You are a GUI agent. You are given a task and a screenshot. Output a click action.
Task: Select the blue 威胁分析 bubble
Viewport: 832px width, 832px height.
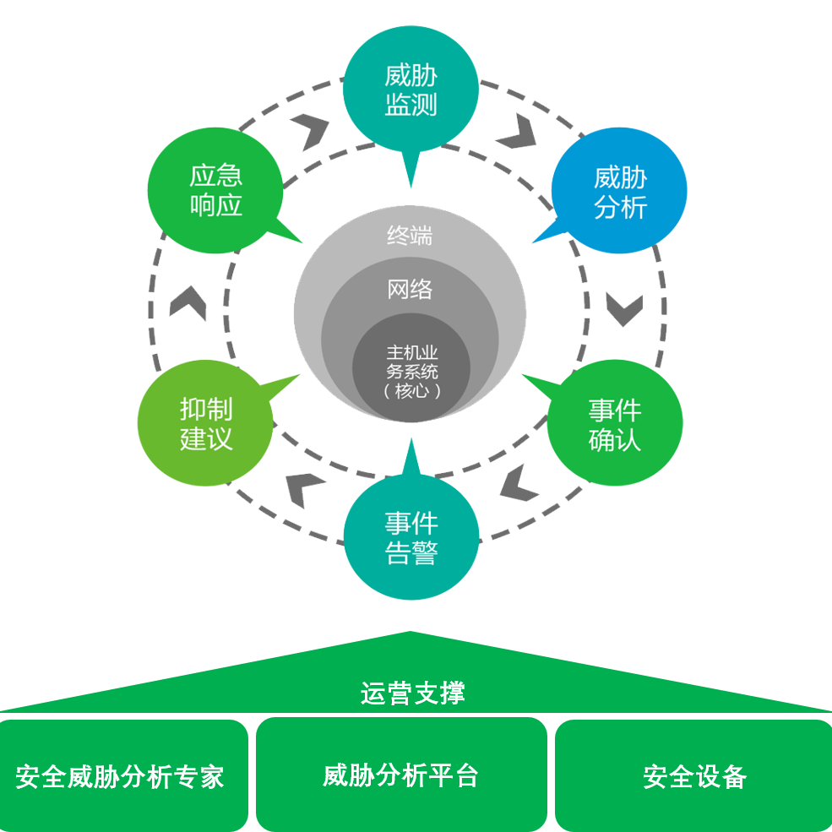(x=620, y=192)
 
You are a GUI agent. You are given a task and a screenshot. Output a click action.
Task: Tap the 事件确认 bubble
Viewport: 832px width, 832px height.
(x=615, y=425)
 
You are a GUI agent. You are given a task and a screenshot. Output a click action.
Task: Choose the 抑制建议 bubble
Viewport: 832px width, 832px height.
(x=205, y=424)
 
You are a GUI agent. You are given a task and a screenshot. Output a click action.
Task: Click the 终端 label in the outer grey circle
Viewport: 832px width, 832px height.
(x=410, y=237)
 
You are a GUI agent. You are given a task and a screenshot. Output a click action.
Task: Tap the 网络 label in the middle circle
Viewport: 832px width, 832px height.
(x=410, y=290)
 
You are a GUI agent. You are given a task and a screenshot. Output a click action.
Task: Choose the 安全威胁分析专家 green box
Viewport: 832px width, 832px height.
(x=120, y=776)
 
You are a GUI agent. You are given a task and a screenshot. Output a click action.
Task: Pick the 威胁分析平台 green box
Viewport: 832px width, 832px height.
(x=400, y=775)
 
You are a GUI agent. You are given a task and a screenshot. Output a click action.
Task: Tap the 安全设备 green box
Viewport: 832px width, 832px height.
(x=694, y=776)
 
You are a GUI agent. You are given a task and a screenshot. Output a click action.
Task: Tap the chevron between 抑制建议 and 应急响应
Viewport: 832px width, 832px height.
(x=188, y=303)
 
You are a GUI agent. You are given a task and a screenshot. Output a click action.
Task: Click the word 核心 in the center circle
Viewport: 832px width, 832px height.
(x=411, y=391)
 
